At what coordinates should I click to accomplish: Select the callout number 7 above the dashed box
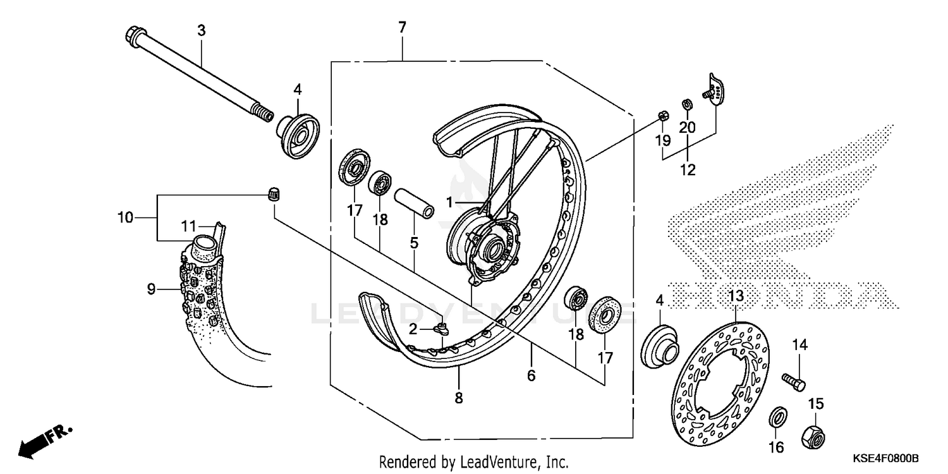402,27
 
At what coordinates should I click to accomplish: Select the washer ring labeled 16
777,417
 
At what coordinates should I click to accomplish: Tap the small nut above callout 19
663,115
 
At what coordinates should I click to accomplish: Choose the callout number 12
687,169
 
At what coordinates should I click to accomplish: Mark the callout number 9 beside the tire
151,289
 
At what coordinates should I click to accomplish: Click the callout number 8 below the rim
458,398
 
